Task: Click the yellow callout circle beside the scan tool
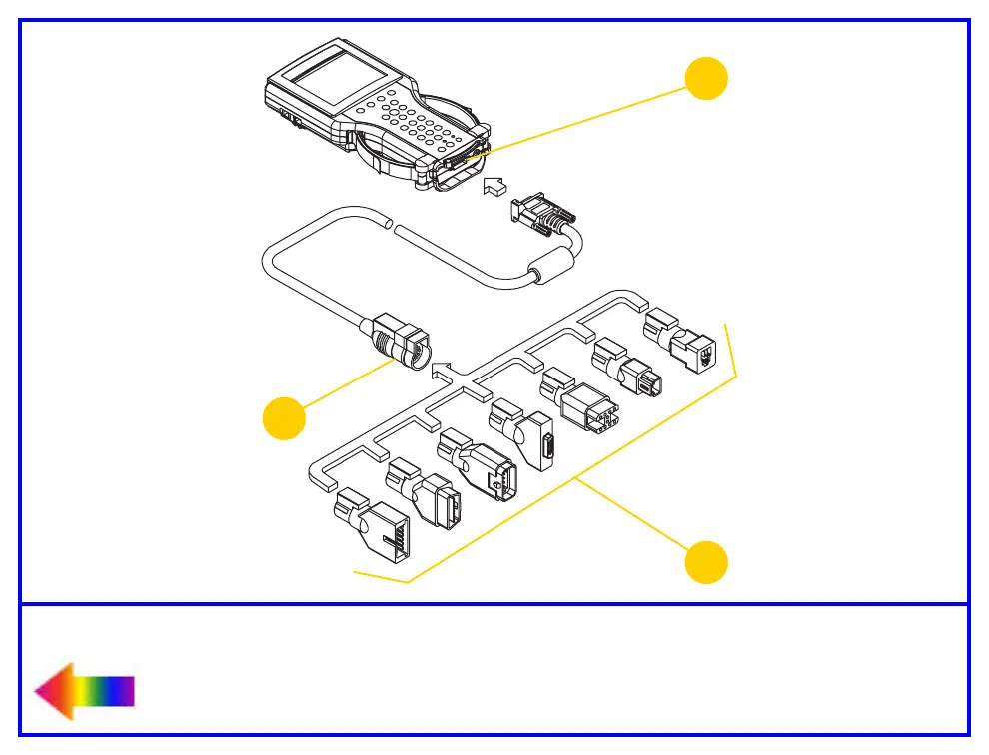pos(706,78)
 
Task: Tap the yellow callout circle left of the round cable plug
pos(284,417)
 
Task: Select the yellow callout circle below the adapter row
pos(706,561)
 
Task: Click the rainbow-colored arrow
pos(84,691)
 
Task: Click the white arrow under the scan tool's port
pos(494,186)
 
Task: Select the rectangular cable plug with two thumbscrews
pos(539,218)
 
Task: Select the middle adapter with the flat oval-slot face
pos(529,435)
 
